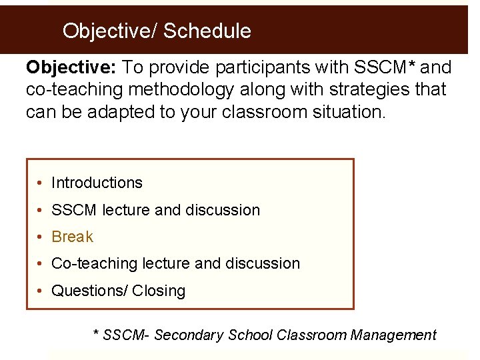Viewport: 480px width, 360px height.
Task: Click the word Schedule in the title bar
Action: (207, 31)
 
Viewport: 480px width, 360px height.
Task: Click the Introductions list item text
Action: (97, 183)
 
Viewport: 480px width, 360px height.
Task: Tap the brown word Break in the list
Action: (72, 237)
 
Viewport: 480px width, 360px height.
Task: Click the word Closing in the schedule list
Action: (159, 291)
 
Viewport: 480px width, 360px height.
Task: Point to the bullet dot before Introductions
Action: (41, 183)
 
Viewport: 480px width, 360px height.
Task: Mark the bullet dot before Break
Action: (41, 237)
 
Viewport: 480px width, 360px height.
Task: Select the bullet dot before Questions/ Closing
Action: (41, 291)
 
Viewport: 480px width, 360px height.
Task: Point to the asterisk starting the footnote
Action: (96, 333)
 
